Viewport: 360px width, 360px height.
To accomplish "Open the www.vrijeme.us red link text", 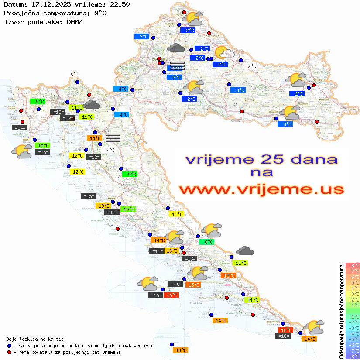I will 261,189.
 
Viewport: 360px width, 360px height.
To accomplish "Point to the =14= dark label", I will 19,128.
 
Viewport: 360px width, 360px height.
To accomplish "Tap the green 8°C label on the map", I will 206,242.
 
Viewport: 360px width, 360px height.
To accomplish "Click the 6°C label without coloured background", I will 74,75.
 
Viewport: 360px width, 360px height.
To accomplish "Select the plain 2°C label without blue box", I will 252,66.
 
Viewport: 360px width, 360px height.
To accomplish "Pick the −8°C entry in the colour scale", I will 352,357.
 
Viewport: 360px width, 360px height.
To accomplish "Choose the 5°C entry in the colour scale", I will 352,282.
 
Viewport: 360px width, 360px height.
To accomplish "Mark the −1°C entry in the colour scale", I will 352,316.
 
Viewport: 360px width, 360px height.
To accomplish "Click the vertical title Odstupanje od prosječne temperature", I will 341,310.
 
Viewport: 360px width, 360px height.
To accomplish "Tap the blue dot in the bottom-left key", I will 9,345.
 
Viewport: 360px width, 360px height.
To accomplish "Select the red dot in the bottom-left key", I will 9,352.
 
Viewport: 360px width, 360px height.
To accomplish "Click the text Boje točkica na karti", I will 35,339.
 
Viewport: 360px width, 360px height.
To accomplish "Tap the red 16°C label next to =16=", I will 171,295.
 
